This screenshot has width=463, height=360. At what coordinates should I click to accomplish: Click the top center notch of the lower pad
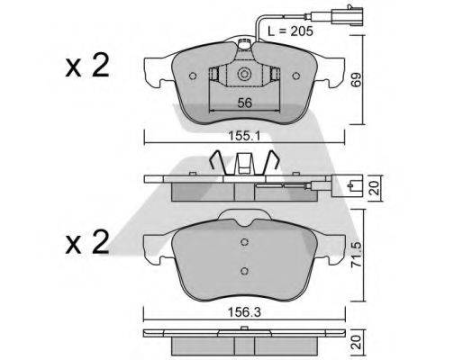click(x=241, y=216)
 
